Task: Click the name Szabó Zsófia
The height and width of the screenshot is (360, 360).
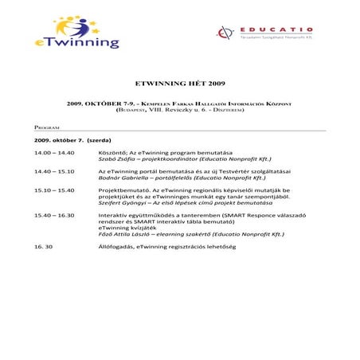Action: pos(115,158)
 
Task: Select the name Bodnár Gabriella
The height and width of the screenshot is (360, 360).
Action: pos(119,178)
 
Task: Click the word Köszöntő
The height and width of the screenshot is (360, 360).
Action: pos(112,151)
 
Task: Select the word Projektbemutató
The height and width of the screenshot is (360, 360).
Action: pos(123,191)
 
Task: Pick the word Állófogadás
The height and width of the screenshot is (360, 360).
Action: pos(116,248)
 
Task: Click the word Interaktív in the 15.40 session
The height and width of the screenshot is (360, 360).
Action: pos(112,216)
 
